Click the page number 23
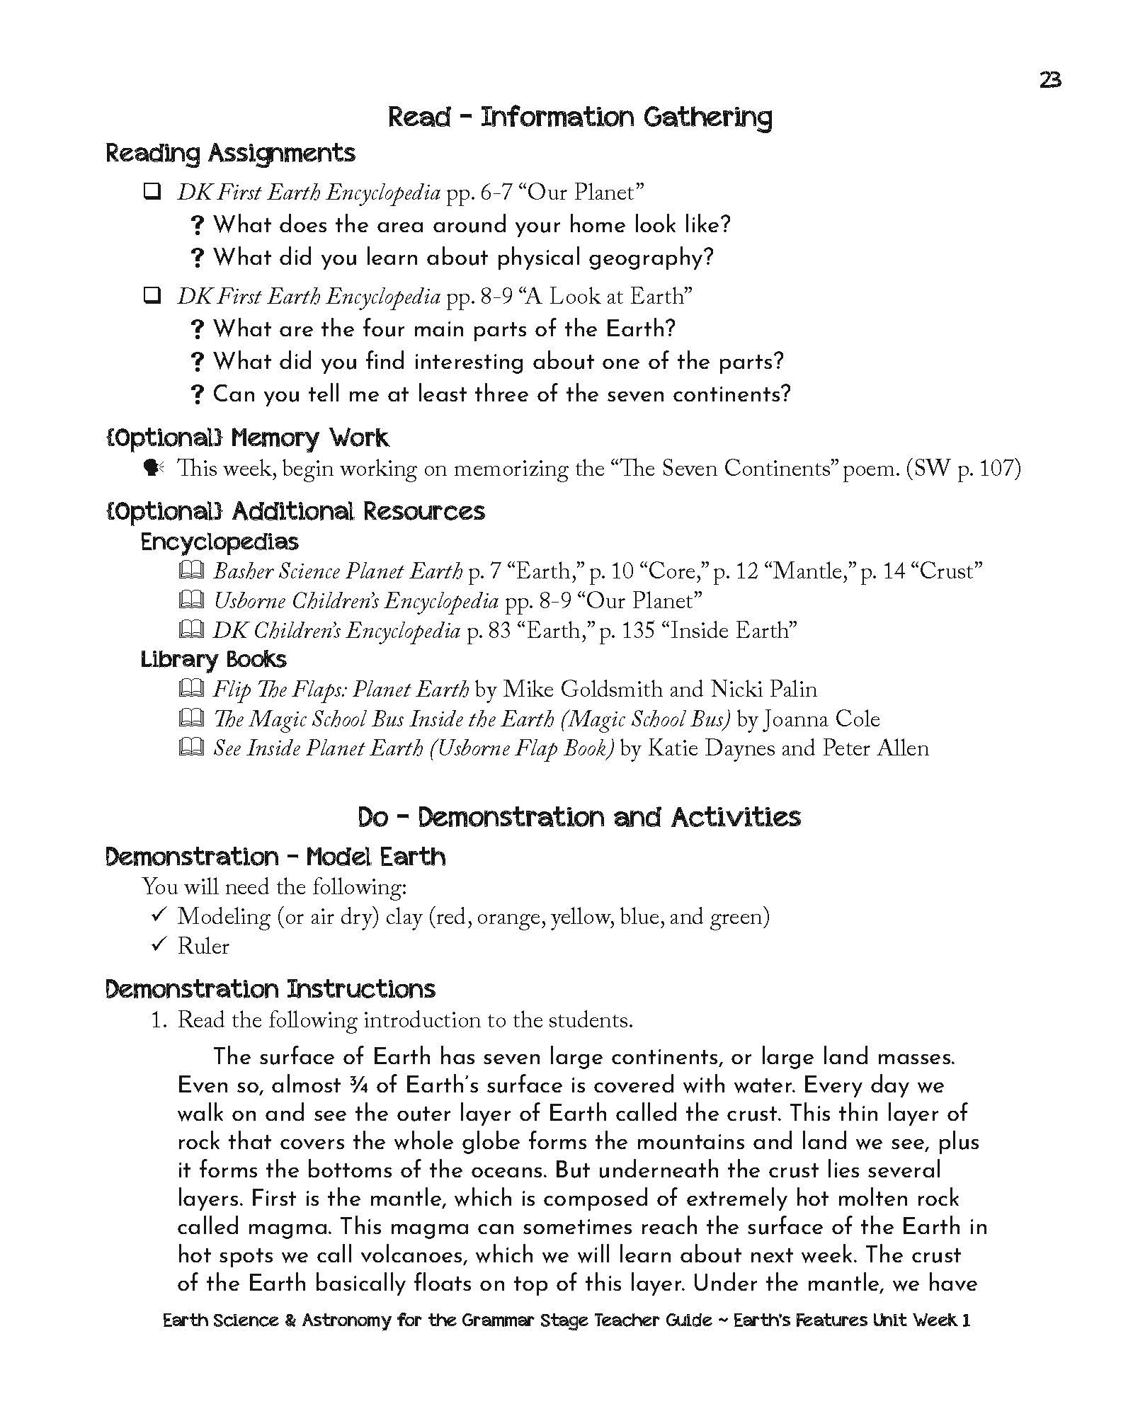click(1050, 81)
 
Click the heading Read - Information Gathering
click(579, 117)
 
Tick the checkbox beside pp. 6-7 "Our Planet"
click(152, 191)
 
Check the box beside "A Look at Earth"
click(152, 295)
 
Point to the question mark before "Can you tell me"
click(198, 394)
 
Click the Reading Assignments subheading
click(230, 153)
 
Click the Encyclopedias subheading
click(220, 542)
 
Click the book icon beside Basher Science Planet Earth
click(191, 570)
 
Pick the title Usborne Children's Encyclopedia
click(355, 601)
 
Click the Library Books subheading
click(213, 659)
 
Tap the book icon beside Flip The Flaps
click(191, 688)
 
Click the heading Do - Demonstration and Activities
click(579, 817)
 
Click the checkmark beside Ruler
click(159, 945)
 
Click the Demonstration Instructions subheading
click(270, 989)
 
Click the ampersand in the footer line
click(290, 1320)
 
